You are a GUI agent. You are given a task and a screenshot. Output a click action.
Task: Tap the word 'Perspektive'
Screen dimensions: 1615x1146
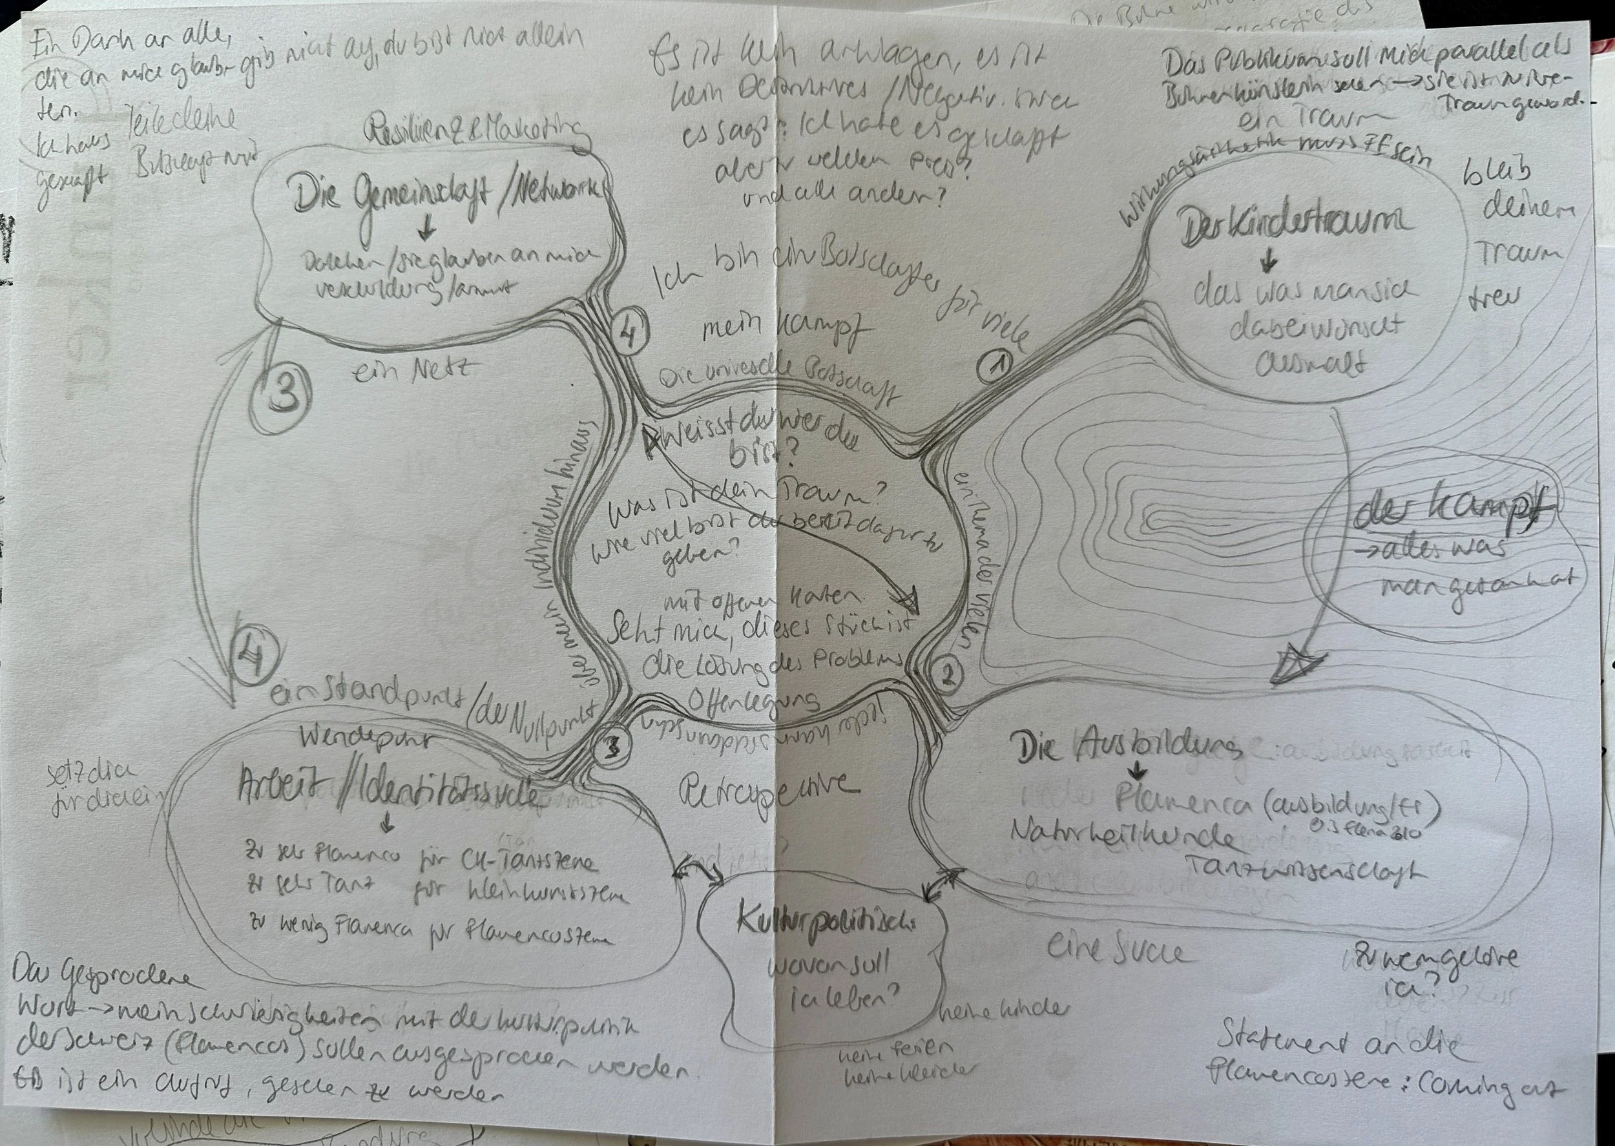click(x=769, y=794)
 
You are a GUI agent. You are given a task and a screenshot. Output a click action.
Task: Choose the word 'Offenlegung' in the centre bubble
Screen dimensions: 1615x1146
click(x=753, y=700)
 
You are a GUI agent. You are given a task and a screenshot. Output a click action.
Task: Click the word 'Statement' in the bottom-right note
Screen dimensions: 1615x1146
click(x=1280, y=1039)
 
